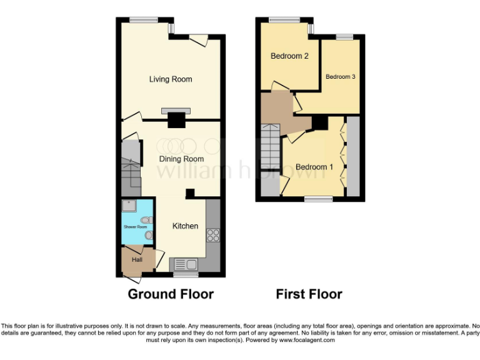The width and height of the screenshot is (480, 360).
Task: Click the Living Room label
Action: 170,79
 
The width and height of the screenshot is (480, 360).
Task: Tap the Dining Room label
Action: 181,159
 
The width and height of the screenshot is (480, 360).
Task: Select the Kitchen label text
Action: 185,226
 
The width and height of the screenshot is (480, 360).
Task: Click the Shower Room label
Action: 134,226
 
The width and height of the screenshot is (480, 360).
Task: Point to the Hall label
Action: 137,259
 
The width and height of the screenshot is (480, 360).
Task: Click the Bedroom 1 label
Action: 314,167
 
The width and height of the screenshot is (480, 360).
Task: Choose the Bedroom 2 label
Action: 289,56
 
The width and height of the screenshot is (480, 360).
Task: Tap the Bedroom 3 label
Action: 341,77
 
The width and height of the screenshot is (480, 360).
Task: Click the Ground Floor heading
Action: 171,294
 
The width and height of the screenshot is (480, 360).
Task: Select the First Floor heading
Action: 309,294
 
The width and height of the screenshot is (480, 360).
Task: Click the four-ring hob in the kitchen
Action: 213,236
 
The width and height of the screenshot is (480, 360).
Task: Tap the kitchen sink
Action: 186,264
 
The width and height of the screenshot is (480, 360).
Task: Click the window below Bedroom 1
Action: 319,199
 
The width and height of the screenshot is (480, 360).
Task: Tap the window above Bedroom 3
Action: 344,37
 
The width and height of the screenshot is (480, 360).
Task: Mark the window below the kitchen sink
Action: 185,274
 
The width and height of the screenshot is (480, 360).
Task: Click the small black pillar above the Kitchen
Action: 190,193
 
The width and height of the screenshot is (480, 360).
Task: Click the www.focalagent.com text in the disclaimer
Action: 307,340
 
